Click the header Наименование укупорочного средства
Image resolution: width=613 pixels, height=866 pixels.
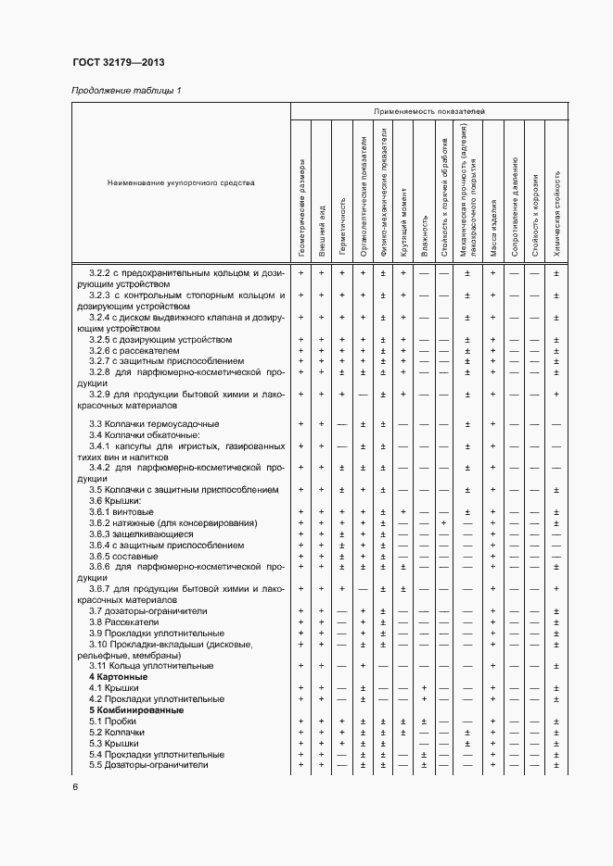pyautogui.click(x=181, y=182)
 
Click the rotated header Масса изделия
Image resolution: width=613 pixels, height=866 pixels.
pyautogui.click(x=492, y=228)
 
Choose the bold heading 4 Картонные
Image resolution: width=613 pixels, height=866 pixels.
pyautogui.click(x=119, y=677)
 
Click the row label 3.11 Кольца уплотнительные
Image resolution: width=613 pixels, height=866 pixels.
pyautogui.click(x=151, y=665)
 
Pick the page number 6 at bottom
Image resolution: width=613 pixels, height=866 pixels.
pyautogui.click(x=75, y=787)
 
